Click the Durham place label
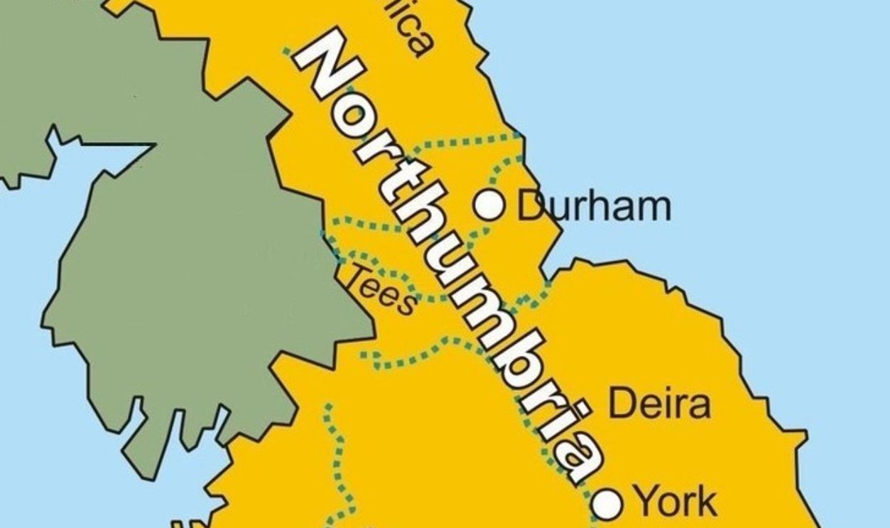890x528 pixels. (x=594, y=206)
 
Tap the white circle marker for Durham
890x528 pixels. (x=489, y=205)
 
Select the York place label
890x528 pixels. (x=675, y=502)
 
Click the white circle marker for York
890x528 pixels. (x=608, y=504)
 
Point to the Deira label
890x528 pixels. (x=659, y=403)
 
